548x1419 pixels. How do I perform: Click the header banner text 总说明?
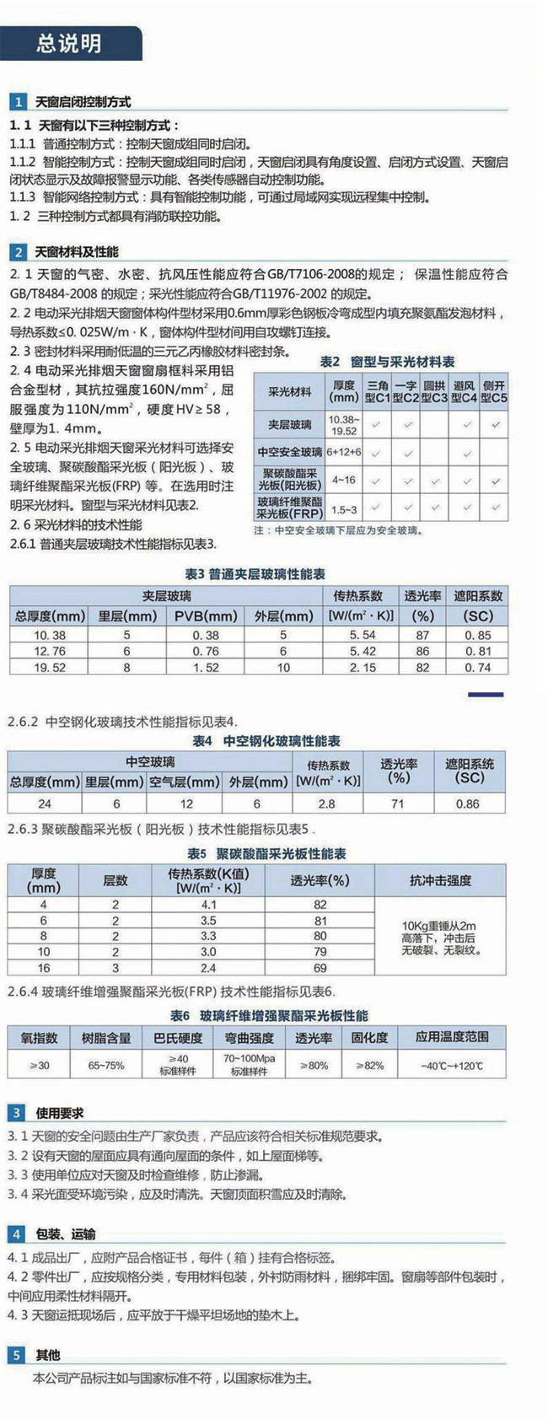point(69,43)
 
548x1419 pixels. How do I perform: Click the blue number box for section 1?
point(17,102)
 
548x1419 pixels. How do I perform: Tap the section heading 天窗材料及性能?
point(77,252)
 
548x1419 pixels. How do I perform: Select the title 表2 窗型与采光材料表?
point(387,362)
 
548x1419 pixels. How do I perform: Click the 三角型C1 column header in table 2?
point(376,391)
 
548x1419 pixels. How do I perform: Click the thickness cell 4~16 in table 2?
point(343,480)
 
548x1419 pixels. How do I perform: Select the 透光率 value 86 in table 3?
point(422,651)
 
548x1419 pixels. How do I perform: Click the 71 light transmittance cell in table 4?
point(398,804)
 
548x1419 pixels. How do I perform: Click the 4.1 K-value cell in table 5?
point(209,905)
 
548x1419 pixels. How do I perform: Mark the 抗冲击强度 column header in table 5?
point(440,880)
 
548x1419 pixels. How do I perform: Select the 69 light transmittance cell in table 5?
point(320,968)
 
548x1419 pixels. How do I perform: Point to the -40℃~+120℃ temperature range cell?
point(452,1066)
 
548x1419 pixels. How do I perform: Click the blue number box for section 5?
point(17,1355)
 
